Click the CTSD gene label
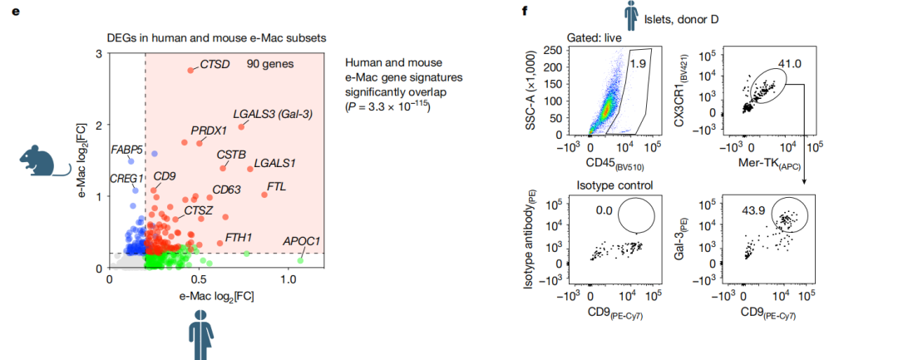point(215,65)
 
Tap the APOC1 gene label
point(301,241)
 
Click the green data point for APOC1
point(300,261)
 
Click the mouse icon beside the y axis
point(42,160)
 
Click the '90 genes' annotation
point(269,64)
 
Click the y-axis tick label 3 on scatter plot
point(100,54)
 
